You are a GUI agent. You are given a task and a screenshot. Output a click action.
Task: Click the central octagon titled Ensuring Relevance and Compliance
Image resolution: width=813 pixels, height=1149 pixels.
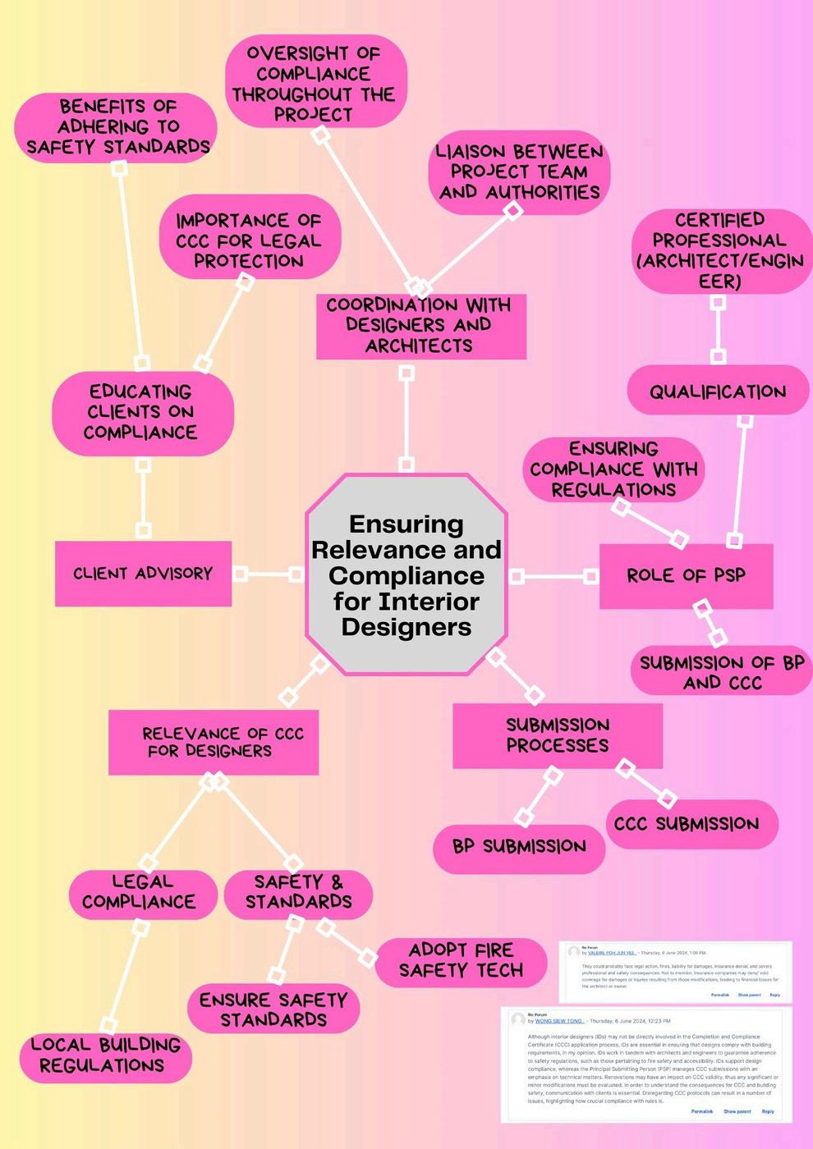(406, 574)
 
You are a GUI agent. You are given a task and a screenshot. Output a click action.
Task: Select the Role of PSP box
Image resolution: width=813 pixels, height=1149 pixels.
(686, 575)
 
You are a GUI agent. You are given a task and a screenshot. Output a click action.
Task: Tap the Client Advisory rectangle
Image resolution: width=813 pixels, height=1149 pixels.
(143, 574)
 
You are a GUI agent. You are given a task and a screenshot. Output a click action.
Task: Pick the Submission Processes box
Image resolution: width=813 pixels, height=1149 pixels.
(558, 735)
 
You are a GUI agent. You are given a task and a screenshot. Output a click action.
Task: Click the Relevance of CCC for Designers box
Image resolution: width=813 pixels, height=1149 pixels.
(214, 743)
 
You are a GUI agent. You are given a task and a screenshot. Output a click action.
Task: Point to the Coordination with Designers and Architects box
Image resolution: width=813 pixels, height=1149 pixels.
(420, 326)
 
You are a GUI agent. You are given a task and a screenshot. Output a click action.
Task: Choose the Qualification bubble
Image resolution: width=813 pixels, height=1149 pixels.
(718, 391)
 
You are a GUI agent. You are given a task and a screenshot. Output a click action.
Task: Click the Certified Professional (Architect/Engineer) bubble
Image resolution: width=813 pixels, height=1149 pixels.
(720, 250)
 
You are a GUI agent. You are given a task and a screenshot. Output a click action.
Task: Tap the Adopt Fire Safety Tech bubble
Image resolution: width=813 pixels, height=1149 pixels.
(461, 961)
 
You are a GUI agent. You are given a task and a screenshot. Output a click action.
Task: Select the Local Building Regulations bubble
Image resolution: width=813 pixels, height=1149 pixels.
(106, 1056)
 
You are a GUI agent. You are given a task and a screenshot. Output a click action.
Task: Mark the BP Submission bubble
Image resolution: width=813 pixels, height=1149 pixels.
(519, 847)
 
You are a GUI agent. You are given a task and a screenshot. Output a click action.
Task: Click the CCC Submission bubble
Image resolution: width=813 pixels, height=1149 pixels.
(687, 824)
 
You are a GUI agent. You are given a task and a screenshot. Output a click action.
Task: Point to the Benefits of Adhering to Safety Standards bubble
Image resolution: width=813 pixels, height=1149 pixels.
(117, 127)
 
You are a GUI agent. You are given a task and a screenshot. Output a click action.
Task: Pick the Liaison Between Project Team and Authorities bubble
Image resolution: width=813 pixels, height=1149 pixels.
(519, 172)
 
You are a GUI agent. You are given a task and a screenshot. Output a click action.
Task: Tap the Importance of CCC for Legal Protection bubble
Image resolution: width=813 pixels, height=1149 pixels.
(249, 241)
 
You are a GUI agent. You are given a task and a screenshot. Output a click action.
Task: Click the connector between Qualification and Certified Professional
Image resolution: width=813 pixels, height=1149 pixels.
(718, 329)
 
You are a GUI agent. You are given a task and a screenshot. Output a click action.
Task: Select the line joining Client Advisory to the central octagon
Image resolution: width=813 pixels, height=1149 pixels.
(268, 574)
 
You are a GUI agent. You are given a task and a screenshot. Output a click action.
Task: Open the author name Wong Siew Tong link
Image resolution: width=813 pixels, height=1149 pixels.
(558, 1021)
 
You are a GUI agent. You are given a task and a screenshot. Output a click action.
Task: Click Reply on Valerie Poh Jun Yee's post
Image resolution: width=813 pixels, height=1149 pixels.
(774, 995)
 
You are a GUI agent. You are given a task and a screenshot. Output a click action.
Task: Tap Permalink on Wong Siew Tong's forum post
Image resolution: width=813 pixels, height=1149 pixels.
(701, 1111)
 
